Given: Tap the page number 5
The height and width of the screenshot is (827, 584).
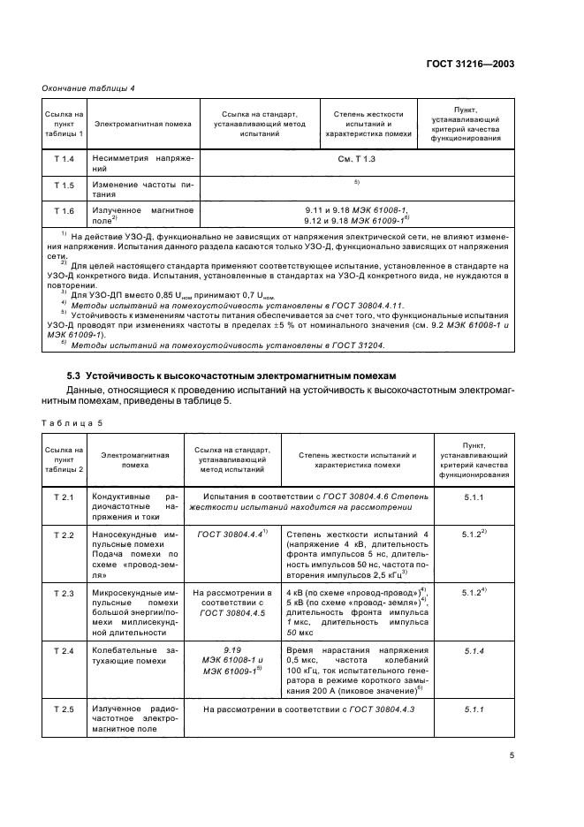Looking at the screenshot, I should (x=512, y=755).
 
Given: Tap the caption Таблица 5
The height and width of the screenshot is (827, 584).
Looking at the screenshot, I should (x=72, y=422).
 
